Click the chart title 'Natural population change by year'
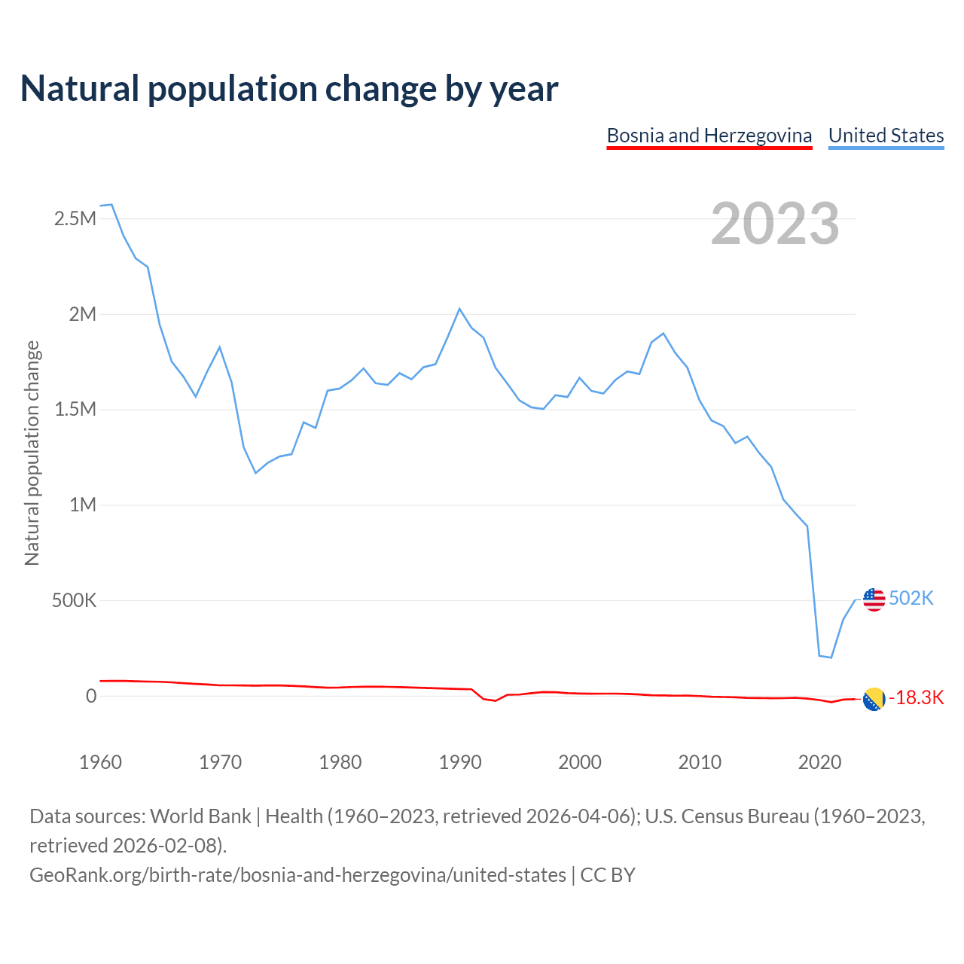289,89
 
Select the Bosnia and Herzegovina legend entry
709,136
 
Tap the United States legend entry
886,136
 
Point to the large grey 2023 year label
775,224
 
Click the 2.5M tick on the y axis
75,219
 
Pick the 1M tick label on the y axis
83,505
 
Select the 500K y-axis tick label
75,600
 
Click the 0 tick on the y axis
91,696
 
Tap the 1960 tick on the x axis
100,762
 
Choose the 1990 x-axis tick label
460,762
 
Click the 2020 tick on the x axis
819,762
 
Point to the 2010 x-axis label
700,762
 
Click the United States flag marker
874,599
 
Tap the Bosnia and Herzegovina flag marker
874,699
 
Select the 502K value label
911,598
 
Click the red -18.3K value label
917,698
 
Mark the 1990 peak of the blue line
459,309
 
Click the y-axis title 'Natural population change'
32,453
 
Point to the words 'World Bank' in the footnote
201,816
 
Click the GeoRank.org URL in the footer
297,875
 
